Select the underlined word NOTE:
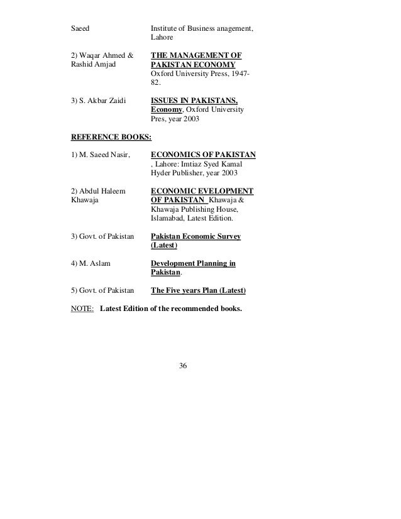pos(82,309)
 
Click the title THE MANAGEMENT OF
pos(197,55)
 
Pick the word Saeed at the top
pos(80,28)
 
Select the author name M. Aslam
pos(94,263)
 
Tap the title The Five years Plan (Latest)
pos(199,291)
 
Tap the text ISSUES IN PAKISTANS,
pos(194,100)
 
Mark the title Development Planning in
pos(193,264)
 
